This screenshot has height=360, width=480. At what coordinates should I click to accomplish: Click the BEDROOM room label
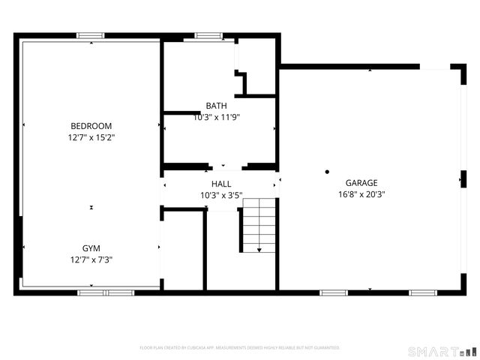(x=91, y=126)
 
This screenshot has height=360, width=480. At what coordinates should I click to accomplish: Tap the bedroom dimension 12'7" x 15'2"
(x=91, y=137)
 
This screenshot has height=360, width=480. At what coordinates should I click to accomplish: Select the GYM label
(x=91, y=248)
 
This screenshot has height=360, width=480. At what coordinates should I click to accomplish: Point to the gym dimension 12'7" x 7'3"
(x=91, y=259)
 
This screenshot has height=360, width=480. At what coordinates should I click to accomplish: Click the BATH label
(x=216, y=106)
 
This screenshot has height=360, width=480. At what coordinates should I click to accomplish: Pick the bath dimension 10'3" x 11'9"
(x=216, y=117)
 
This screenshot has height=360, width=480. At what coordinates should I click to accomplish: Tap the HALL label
(x=221, y=184)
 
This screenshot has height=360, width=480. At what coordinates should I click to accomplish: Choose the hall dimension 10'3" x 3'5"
(x=221, y=195)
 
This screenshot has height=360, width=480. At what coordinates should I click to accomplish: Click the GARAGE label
(x=361, y=183)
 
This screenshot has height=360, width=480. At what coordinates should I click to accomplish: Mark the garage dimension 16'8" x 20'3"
(x=361, y=194)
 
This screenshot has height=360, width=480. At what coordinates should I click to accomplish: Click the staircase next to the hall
(x=259, y=225)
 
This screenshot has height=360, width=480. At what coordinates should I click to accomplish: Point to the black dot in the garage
(x=327, y=172)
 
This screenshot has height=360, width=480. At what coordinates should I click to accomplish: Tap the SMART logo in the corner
(x=442, y=351)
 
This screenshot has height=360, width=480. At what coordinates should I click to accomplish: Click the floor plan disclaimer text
(x=240, y=348)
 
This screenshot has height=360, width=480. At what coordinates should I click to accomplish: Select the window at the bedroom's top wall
(x=91, y=35)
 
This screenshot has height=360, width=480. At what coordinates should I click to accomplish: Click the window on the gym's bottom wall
(x=105, y=292)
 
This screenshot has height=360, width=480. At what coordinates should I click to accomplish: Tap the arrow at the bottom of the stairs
(x=259, y=249)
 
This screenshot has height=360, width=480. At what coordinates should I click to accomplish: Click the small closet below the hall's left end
(x=183, y=250)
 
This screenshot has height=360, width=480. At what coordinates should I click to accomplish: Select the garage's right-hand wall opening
(x=463, y=180)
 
